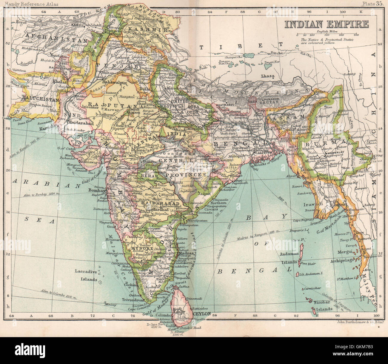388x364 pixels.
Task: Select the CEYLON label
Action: coord(202,314)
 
